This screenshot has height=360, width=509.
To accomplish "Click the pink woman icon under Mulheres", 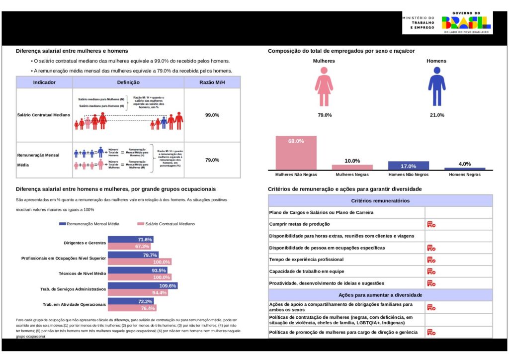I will (x=324, y=87).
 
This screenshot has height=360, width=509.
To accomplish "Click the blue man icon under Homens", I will (x=437, y=87).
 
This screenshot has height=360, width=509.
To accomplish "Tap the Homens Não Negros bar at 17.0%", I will (x=408, y=166).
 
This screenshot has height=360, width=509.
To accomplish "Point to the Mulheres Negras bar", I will (x=352, y=167).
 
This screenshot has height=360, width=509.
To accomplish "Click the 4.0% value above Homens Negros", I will (x=464, y=164).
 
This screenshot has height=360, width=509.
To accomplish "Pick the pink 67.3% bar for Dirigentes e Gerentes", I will (x=130, y=246).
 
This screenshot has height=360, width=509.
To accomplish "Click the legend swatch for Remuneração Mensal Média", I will (x=62, y=224).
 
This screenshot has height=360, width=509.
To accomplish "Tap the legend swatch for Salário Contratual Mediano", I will (x=140, y=224).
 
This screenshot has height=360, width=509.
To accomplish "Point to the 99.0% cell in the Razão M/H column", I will (x=212, y=115).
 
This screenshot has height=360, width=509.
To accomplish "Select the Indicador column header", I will (x=44, y=83).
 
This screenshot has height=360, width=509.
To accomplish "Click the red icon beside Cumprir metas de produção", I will (x=431, y=224).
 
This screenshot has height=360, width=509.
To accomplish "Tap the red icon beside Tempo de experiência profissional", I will (x=431, y=260).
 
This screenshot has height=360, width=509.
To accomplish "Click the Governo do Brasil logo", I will (x=466, y=22).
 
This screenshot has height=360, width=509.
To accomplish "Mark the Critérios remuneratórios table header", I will (x=380, y=201).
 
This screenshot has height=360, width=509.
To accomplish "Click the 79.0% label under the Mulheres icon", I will (x=325, y=115).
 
